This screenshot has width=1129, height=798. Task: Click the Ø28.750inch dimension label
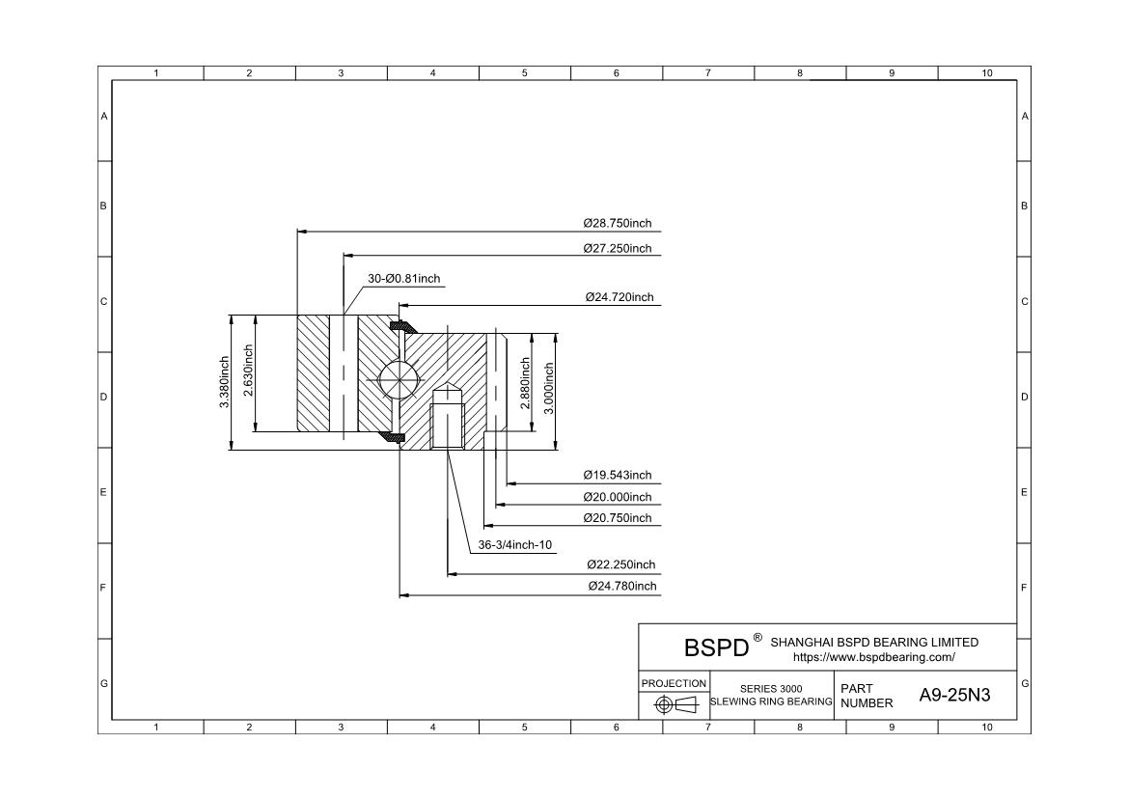point(617,223)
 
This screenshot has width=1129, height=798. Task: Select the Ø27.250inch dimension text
point(617,248)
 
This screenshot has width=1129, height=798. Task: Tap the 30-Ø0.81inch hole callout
point(403,279)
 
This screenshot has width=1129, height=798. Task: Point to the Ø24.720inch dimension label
point(619,297)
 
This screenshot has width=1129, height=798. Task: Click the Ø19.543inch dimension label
point(617,475)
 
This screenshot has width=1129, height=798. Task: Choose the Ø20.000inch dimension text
point(617,497)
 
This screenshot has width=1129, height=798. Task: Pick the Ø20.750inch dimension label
point(617,518)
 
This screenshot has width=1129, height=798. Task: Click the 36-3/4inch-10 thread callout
point(515,545)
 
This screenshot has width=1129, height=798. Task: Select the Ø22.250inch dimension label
point(620,564)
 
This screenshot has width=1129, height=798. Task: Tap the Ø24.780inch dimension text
point(621,586)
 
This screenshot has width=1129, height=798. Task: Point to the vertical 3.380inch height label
point(224,382)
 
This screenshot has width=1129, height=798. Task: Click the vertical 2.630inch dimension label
point(248,382)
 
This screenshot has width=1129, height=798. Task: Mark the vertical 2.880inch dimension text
point(526,383)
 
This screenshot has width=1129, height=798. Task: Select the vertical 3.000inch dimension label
point(549,388)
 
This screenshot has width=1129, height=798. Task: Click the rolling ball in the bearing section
point(398,378)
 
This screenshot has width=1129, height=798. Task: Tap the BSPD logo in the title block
point(716,647)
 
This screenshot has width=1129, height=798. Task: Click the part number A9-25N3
point(954,695)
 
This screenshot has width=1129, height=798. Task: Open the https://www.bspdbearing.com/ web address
point(873,657)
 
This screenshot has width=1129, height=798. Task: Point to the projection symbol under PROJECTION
point(675,704)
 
